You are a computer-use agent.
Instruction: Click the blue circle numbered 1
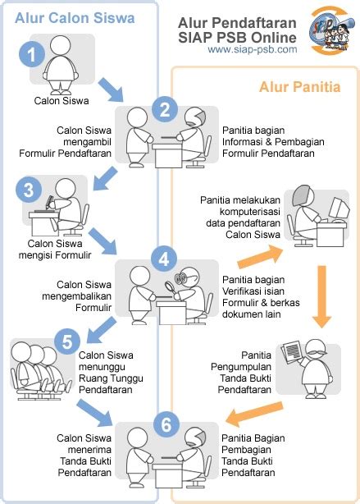pyautogui.click(x=32, y=54)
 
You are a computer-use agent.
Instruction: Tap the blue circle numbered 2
pyautogui.click(x=165, y=109)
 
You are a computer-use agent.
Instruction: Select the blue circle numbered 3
pyautogui.click(x=29, y=190)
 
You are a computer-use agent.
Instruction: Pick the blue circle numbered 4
pyautogui.click(x=164, y=259)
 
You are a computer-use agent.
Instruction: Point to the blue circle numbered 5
pyautogui.click(x=67, y=341)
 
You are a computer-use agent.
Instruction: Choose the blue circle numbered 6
pyautogui.click(x=166, y=424)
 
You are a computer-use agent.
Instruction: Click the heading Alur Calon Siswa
pyautogui.click(x=75, y=18)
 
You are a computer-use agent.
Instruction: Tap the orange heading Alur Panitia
pyautogui.click(x=299, y=87)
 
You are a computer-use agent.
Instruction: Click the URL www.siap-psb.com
pyautogui.click(x=253, y=49)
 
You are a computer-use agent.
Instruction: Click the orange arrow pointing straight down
pyautogui.click(x=321, y=296)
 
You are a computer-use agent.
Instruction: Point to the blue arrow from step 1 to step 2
pyautogui.click(x=112, y=89)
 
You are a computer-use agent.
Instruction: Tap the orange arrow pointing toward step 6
pyautogui.click(x=254, y=414)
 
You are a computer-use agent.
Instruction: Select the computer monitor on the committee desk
pyautogui.click(x=340, y=208)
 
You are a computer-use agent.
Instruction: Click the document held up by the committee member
pyautogui.click(x=292, y=352)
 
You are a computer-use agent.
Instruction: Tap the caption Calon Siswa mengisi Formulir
pyautogui.click(x=55, y=249)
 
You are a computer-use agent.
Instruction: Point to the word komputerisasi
pyautogui.click(x=250, y=212)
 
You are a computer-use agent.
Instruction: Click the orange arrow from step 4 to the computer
pyautogui.click(x=261, y=257)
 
